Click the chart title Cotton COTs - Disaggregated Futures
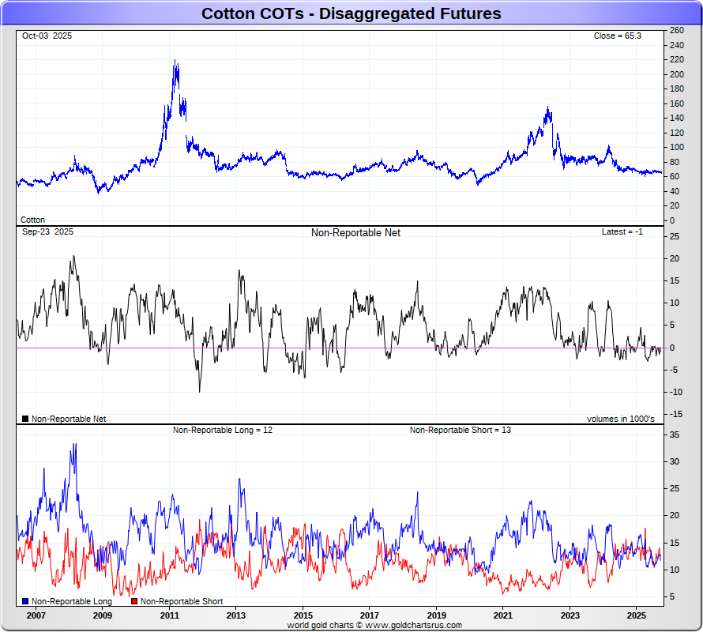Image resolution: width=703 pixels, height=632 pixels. (x=351, y=13)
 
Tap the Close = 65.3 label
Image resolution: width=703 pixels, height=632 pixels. (x=618, y=36)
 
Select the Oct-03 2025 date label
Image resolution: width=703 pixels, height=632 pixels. (x=47, y=36)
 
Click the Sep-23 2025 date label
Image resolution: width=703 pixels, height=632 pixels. (x=47, y=232)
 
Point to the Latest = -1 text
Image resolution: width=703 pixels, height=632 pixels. (x=622, y=232)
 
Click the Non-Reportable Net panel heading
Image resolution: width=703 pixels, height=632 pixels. (x=355, y=233)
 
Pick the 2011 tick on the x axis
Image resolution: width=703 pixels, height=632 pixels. (x=169, y=615)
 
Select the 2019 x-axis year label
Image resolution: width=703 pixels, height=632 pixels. (x=437, y=615)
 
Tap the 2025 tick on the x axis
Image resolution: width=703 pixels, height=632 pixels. (x=637, y=615)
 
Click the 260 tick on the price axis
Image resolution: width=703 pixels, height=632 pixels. (x=676, y=30)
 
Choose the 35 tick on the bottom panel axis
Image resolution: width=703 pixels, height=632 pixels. (x=675, y=434)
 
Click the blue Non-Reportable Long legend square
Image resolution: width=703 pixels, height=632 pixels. (x=26, y=602)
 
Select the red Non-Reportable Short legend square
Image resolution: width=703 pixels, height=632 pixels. (x=134, y=602)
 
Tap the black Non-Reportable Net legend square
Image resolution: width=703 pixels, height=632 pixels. (x=26, y=419)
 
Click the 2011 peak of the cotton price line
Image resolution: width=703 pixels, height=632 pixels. (x=175, y=61)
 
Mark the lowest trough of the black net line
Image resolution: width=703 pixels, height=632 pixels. (x=199, y=392)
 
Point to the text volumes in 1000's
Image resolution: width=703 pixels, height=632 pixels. (x=620, y=419)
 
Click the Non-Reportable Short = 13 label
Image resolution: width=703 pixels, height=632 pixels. (x=460, y=431)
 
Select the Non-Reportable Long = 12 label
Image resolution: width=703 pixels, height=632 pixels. (x=223, y=431)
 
